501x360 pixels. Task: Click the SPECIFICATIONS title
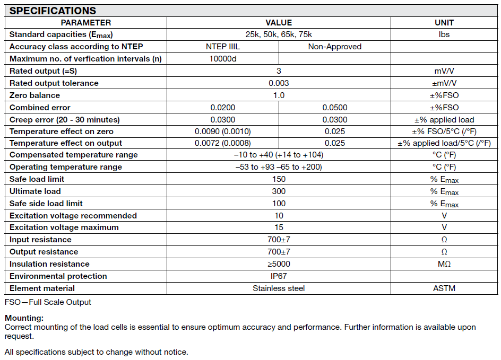[53, 11]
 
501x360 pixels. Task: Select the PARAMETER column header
[86, 22]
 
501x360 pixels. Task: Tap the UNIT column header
[444, 22]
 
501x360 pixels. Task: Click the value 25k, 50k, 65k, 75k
[279, 34]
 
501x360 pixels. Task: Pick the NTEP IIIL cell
[223, 47]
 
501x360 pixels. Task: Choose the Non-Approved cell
[334, 47]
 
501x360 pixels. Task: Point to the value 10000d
[223, 59]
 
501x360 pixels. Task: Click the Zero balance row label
[35, 95]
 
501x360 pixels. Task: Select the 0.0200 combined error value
[223, 108]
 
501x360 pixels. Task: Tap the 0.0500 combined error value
[335, 108]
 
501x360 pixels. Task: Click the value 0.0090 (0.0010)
[223, 131]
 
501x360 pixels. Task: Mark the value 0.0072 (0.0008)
[223, 143]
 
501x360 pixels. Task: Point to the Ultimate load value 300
[279, 191]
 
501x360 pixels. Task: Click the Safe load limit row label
[37, 179]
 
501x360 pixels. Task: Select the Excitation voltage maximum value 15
[279, 227]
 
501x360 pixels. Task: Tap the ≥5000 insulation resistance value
[279, 264]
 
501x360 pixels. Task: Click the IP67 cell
[279, 276]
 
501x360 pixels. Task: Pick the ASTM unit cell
[444, 288]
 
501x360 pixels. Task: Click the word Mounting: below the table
[24, 318]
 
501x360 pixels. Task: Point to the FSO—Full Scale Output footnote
[48, 302]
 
